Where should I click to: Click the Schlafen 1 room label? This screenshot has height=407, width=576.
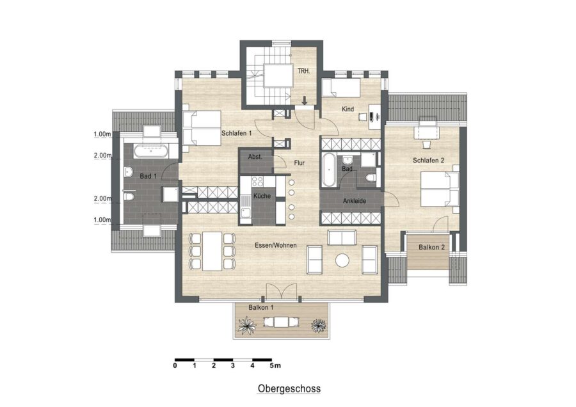[236, 133]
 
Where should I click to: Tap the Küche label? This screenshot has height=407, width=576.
[262, 196]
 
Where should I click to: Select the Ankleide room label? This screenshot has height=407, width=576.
[355, 201]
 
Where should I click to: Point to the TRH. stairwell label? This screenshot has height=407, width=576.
[303, 71]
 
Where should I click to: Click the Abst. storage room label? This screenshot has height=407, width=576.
[255, 157]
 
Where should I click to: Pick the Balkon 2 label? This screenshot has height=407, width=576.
[431, 247]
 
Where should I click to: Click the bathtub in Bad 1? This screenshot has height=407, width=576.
[151, 151]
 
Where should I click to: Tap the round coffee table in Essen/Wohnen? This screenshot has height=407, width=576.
[342, 260]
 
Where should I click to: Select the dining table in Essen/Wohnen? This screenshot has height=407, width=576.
[212, 251]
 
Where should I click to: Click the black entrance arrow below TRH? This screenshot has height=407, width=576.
[305, 100]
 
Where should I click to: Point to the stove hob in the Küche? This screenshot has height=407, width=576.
[257, 182]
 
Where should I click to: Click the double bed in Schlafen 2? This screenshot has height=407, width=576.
[440, 189]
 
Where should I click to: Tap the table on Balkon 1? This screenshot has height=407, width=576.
[281, 323]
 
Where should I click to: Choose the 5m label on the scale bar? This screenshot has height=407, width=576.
[275, 365]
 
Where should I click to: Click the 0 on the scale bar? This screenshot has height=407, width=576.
[175, 365]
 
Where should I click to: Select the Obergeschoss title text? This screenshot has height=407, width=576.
[289, 388]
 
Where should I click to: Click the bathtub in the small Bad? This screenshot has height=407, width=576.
[328, 170]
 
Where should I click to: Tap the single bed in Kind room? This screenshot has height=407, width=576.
[341, 88]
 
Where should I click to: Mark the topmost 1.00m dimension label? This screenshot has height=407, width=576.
[102, 134]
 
